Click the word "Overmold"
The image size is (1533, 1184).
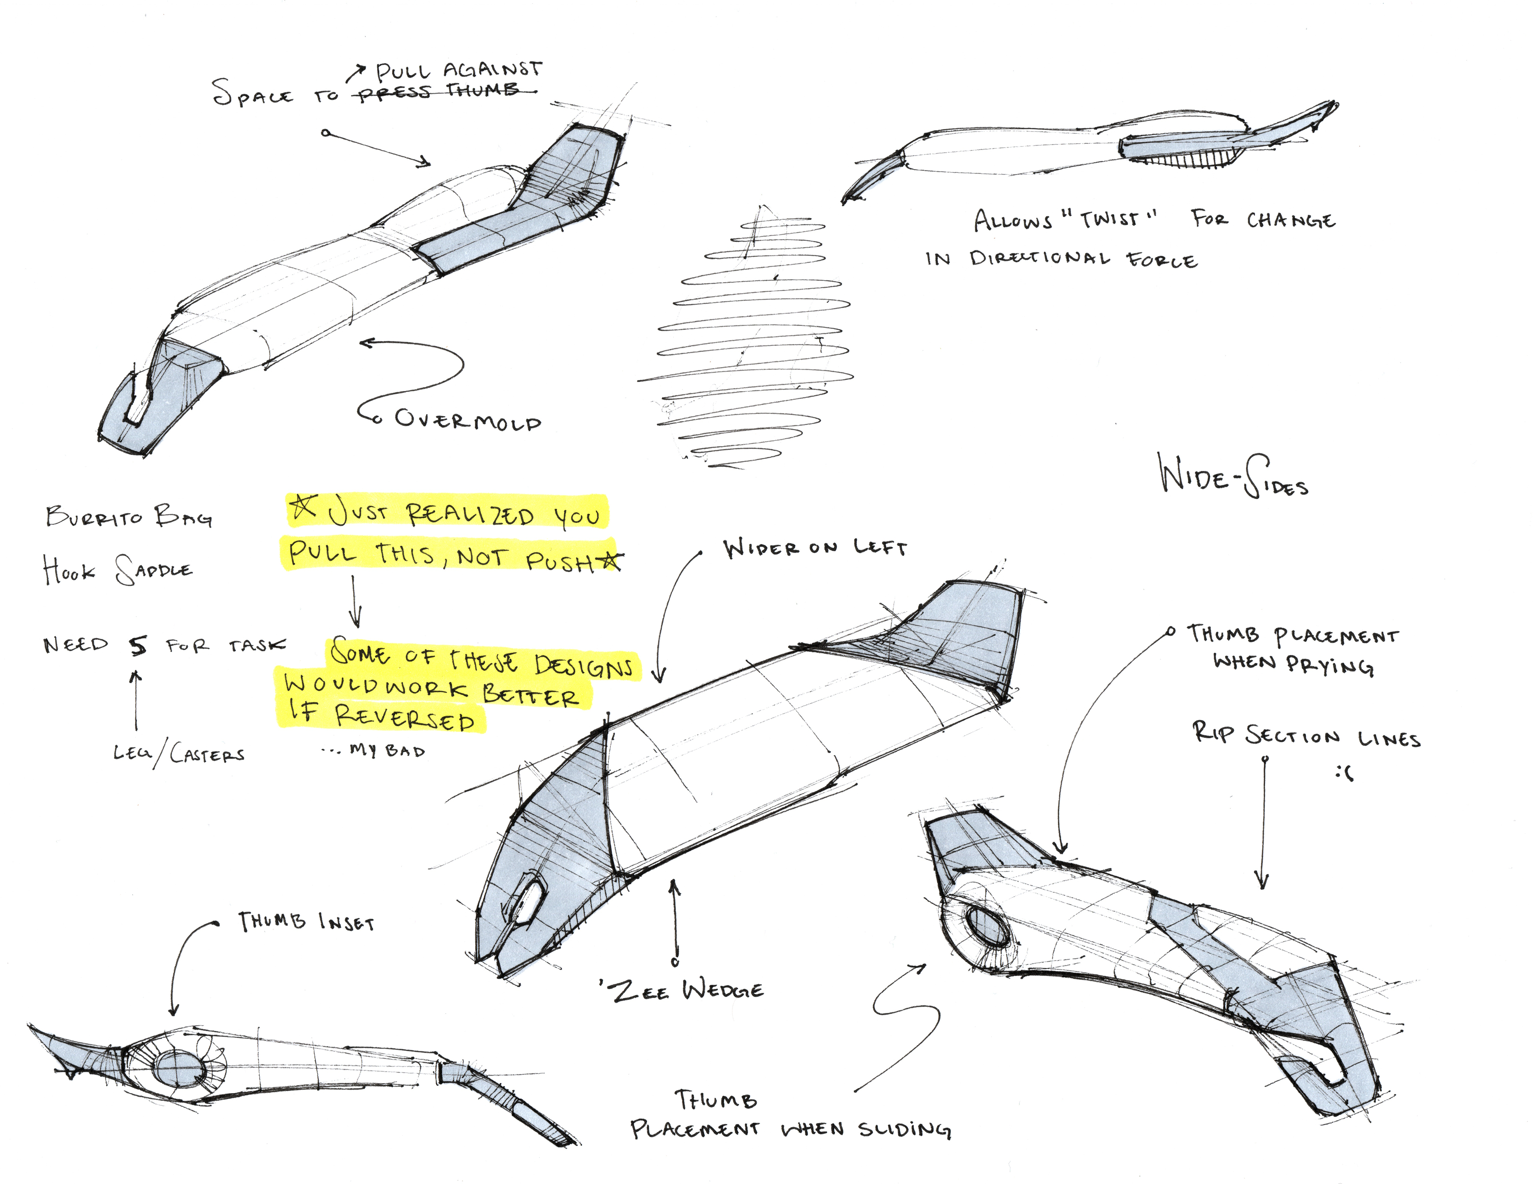(x=468, y=420)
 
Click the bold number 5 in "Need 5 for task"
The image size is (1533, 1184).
(x=138, y=645)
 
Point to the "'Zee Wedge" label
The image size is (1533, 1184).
(x=682, y=990)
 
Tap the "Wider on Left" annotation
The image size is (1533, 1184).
(x=815, y=548)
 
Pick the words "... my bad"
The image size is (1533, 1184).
(x=374, y=750)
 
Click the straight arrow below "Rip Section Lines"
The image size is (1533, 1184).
(x=1264, y=821)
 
